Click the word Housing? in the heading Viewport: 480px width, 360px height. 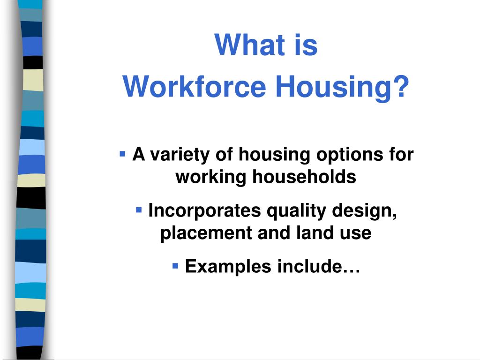pyautogui.click(x=342, y=87)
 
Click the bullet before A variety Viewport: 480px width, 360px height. pyautogui.click(x=123, y=153)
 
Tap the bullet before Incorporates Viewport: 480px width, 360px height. pyautogui.click(x=139, y=210)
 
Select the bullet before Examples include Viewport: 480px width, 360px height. pyautogui.click(x=176, y=266)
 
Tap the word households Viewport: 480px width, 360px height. pyautogui.click(x=304, y=177)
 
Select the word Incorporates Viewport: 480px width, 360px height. pyautogui.click(x=204, y=211)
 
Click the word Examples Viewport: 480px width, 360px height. pyautogui.click(x=228, y=267)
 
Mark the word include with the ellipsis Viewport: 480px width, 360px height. pyautogui.click(x=319, y=267)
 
